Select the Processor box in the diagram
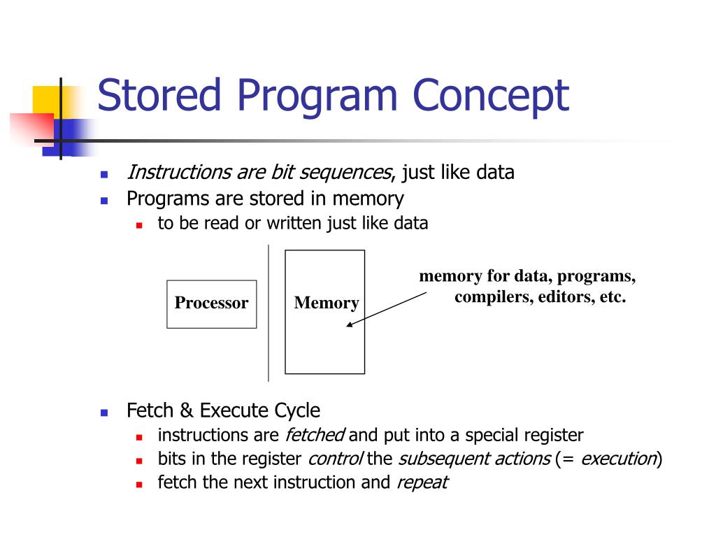coord(211,303)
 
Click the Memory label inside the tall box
coord(326,303)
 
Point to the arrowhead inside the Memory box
coord(350,324)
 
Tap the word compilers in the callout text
coord(493,296)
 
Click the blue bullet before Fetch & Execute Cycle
coord(104,413)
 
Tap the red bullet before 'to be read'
coord(139,225)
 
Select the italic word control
coord(335,459)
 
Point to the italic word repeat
coord(422,482)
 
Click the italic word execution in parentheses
coord(618,459)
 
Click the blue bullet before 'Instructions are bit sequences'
coord(104,174)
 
